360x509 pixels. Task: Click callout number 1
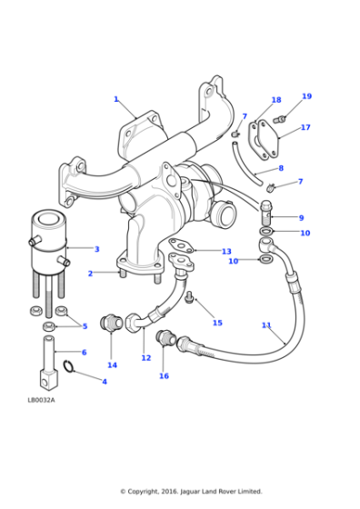(x=115, y=99)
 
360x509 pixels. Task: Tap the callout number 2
(x=90, y=274)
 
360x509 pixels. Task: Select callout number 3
(x=97, y=248)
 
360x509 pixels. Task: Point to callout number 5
(x=85, y=325)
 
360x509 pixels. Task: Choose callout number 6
(x=84, y=352)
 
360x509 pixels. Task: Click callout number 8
(x=281, y=168)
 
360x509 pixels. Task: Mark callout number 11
(x=266, y=324)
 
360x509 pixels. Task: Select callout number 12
(x=145, y=358)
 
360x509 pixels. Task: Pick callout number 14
(x=112, y=364)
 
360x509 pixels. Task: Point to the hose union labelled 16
(x=166, y=340)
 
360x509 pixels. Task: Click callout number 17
(x=305, y=127)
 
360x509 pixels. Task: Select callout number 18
(x=276, y=100)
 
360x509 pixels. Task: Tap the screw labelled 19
(x=279, y=119)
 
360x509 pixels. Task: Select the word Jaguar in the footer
(x=191, y=492)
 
